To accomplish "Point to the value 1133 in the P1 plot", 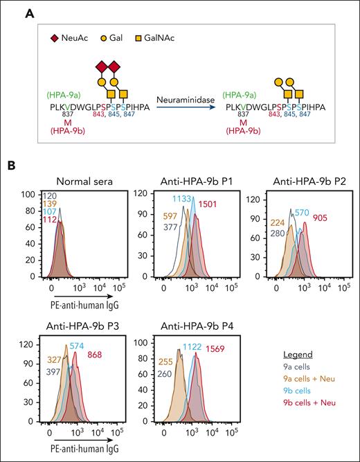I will pyautogui.click(x=185, y=198).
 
